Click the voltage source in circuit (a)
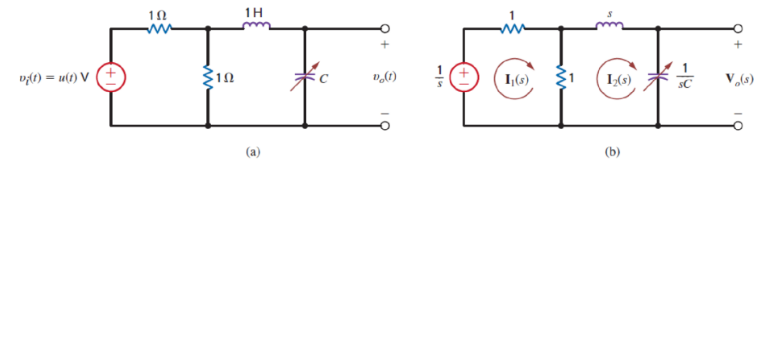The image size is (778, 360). point(111,77)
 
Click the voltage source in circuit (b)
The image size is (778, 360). point(464,77)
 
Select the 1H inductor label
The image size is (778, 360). point(255,11)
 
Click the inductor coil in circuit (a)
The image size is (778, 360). point(255,28)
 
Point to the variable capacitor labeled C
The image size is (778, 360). point(304,77)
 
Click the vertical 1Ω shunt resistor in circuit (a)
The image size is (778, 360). point(207,77)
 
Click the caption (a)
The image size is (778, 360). point(253,153)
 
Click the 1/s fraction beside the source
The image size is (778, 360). point(438,77)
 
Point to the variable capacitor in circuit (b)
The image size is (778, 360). point(657,77)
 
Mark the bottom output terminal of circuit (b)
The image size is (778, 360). point(738,126)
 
